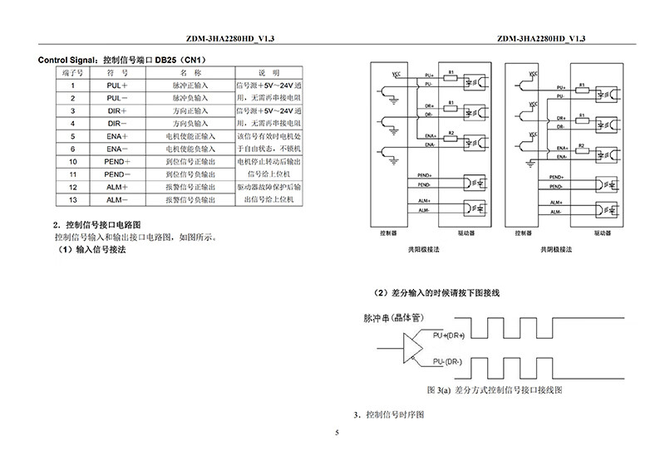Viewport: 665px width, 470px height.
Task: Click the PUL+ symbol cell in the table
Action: [115, 85]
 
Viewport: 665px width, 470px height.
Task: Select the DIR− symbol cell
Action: [115, 123]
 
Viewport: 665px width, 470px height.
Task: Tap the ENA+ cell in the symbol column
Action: [115, 135]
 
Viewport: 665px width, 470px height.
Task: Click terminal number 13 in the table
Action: [73, 200]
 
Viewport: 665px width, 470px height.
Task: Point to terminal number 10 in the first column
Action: [73, 161]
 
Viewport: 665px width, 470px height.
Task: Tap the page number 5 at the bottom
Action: [337, 433]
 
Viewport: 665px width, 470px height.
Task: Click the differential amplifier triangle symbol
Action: [415, 346]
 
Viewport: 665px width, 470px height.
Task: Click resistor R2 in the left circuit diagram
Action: [450, 134]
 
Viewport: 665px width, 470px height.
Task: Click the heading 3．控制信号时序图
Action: [389, 414]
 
